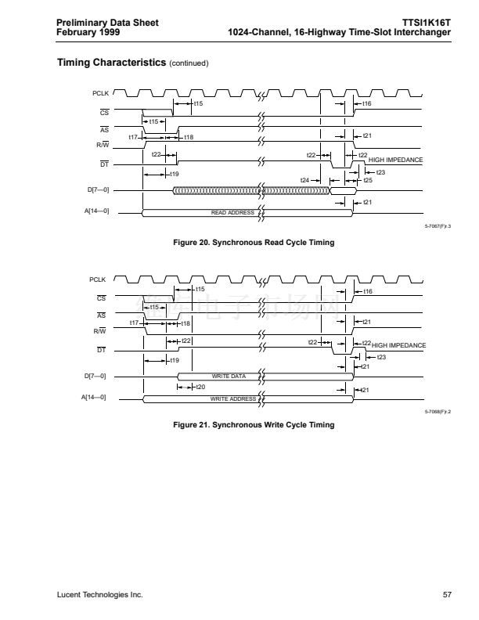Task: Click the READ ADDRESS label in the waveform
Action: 232,213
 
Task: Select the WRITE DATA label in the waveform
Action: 229,377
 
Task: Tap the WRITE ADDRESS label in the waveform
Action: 233,399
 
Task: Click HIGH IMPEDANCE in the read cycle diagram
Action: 395,160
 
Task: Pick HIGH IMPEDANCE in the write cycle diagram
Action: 398,345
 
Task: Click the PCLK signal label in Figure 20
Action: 98,94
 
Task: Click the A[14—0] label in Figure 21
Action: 94,398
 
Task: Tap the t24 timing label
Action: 306,181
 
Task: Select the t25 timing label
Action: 368,181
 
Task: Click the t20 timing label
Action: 200,387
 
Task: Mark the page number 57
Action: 447,596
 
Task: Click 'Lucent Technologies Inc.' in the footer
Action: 99,596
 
